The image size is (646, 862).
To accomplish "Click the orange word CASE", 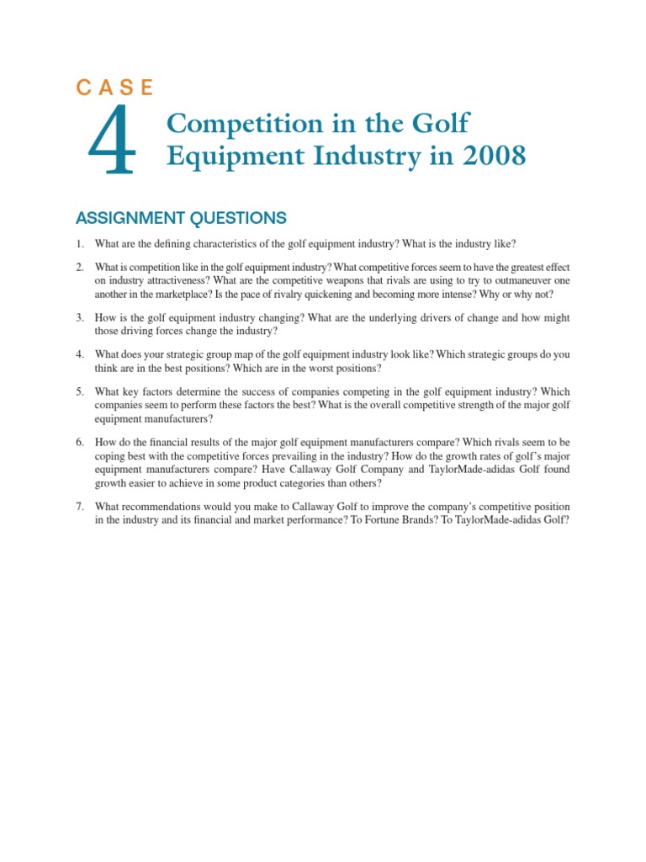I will coord(114,88).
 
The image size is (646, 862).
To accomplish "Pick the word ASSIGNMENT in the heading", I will coord(125,219).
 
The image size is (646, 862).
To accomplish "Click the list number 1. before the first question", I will coord(80,244).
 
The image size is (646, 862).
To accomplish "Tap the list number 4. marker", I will coord(80,355).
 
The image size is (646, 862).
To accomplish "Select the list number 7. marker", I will coord(80,507).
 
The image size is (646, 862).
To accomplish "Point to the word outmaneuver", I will coord(520,281).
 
